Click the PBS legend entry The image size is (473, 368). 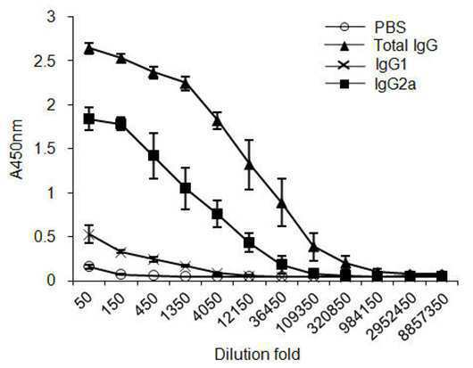click(390, 28)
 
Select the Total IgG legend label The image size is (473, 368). click(406, 45)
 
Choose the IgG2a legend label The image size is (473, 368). click(395, 84)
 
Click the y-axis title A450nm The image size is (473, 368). click(16, 149)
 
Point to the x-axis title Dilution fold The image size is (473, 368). click(257, 354)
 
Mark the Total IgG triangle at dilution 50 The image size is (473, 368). click(89, 49)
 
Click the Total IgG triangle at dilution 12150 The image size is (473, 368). click(249, 165)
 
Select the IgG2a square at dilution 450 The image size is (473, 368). click(154, 155)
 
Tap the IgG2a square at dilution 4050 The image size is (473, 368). click(217, 214)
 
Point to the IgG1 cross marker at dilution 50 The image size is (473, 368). click(89, 235)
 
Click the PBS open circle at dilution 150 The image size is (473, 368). click(121, 274)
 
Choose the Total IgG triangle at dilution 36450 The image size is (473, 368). click(281, 203)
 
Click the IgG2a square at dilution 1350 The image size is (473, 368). click(186, 188)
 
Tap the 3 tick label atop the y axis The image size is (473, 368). click(53, 17)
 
